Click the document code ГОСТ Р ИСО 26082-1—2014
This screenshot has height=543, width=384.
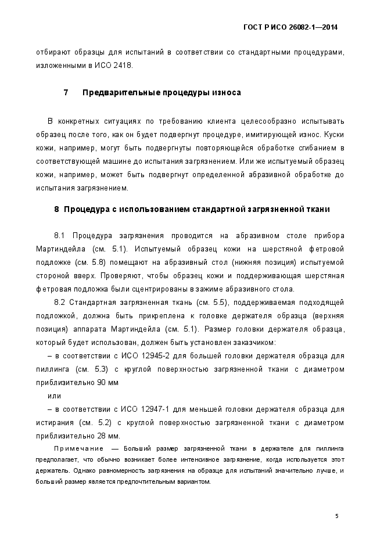[290, 27]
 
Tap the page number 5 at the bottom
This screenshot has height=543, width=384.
[337, 516]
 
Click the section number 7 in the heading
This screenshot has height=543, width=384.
[66, 93]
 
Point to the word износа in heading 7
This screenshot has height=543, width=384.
[223, 93]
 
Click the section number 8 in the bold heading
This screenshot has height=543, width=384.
[56, 209]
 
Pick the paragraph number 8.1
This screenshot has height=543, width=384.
[62, 236]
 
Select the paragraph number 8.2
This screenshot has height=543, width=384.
[62, 303]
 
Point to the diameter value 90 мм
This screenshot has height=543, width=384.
[107, 383]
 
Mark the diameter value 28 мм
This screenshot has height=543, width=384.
[108, 436]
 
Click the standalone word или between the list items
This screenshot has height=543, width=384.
[54, 396]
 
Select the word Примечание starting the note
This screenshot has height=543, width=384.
[78, 449]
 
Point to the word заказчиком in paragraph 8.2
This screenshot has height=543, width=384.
[247, 343]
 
